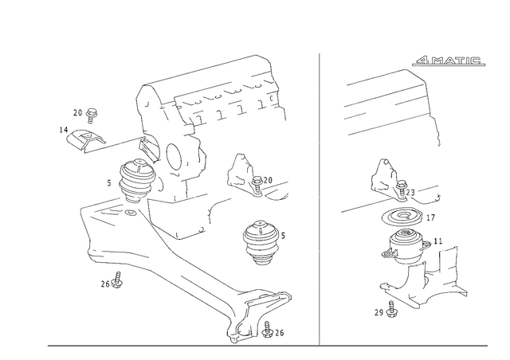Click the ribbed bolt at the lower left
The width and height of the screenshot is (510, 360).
tap(116, 256)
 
